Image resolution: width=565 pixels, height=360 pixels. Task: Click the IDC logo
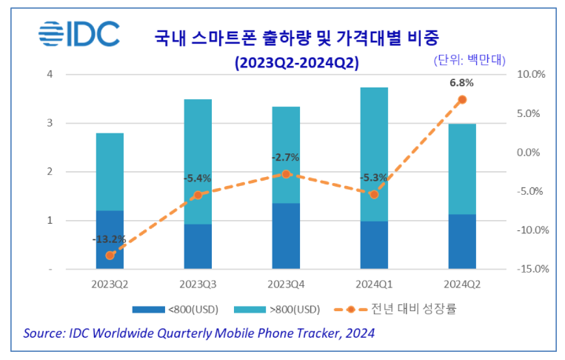[x=79, y=35]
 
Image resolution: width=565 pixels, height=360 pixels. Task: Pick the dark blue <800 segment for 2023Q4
[x=286, y=236]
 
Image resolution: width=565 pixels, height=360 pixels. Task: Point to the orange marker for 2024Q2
[x=462, y=99]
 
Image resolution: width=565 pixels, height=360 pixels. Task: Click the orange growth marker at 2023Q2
[x=110, y=256]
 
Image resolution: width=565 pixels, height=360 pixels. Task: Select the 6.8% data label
[x=461, y=82]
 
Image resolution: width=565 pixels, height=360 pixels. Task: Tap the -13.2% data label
[x=109, y=239]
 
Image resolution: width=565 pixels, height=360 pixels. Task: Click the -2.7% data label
[x=285, y=157]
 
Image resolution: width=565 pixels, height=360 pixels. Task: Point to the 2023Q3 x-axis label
[x=198, y=284]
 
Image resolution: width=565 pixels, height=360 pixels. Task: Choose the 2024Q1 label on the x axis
[x=374, y=284]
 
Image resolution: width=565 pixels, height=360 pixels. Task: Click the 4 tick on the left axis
[x=49, y=74]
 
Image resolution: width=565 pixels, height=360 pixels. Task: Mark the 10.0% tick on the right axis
[x=531, y=74]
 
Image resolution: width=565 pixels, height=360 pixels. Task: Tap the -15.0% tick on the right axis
[x=531, y=269]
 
